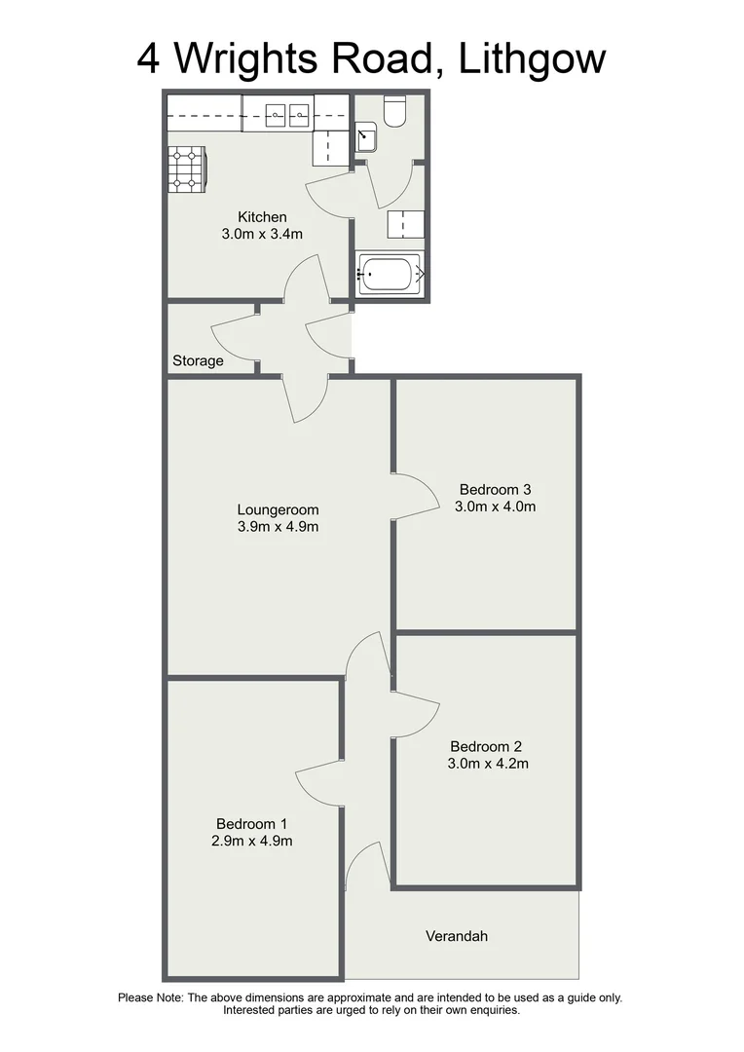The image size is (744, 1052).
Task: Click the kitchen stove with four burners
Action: [x=187, y=169]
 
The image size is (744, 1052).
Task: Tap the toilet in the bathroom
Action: [x=394, y=113]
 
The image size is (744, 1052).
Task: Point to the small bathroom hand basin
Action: [x=366, y=137]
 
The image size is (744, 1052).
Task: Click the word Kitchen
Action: [x=263, y=216]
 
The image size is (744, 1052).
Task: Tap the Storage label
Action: [x=198, y=360]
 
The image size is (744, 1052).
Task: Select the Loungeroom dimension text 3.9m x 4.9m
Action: [x=278, y=527]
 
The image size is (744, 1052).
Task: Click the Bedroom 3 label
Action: [x=496, y=489]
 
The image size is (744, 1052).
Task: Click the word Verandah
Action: [x=457, y=936]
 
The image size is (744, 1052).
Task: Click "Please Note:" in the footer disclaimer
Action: [x=150, y=997]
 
